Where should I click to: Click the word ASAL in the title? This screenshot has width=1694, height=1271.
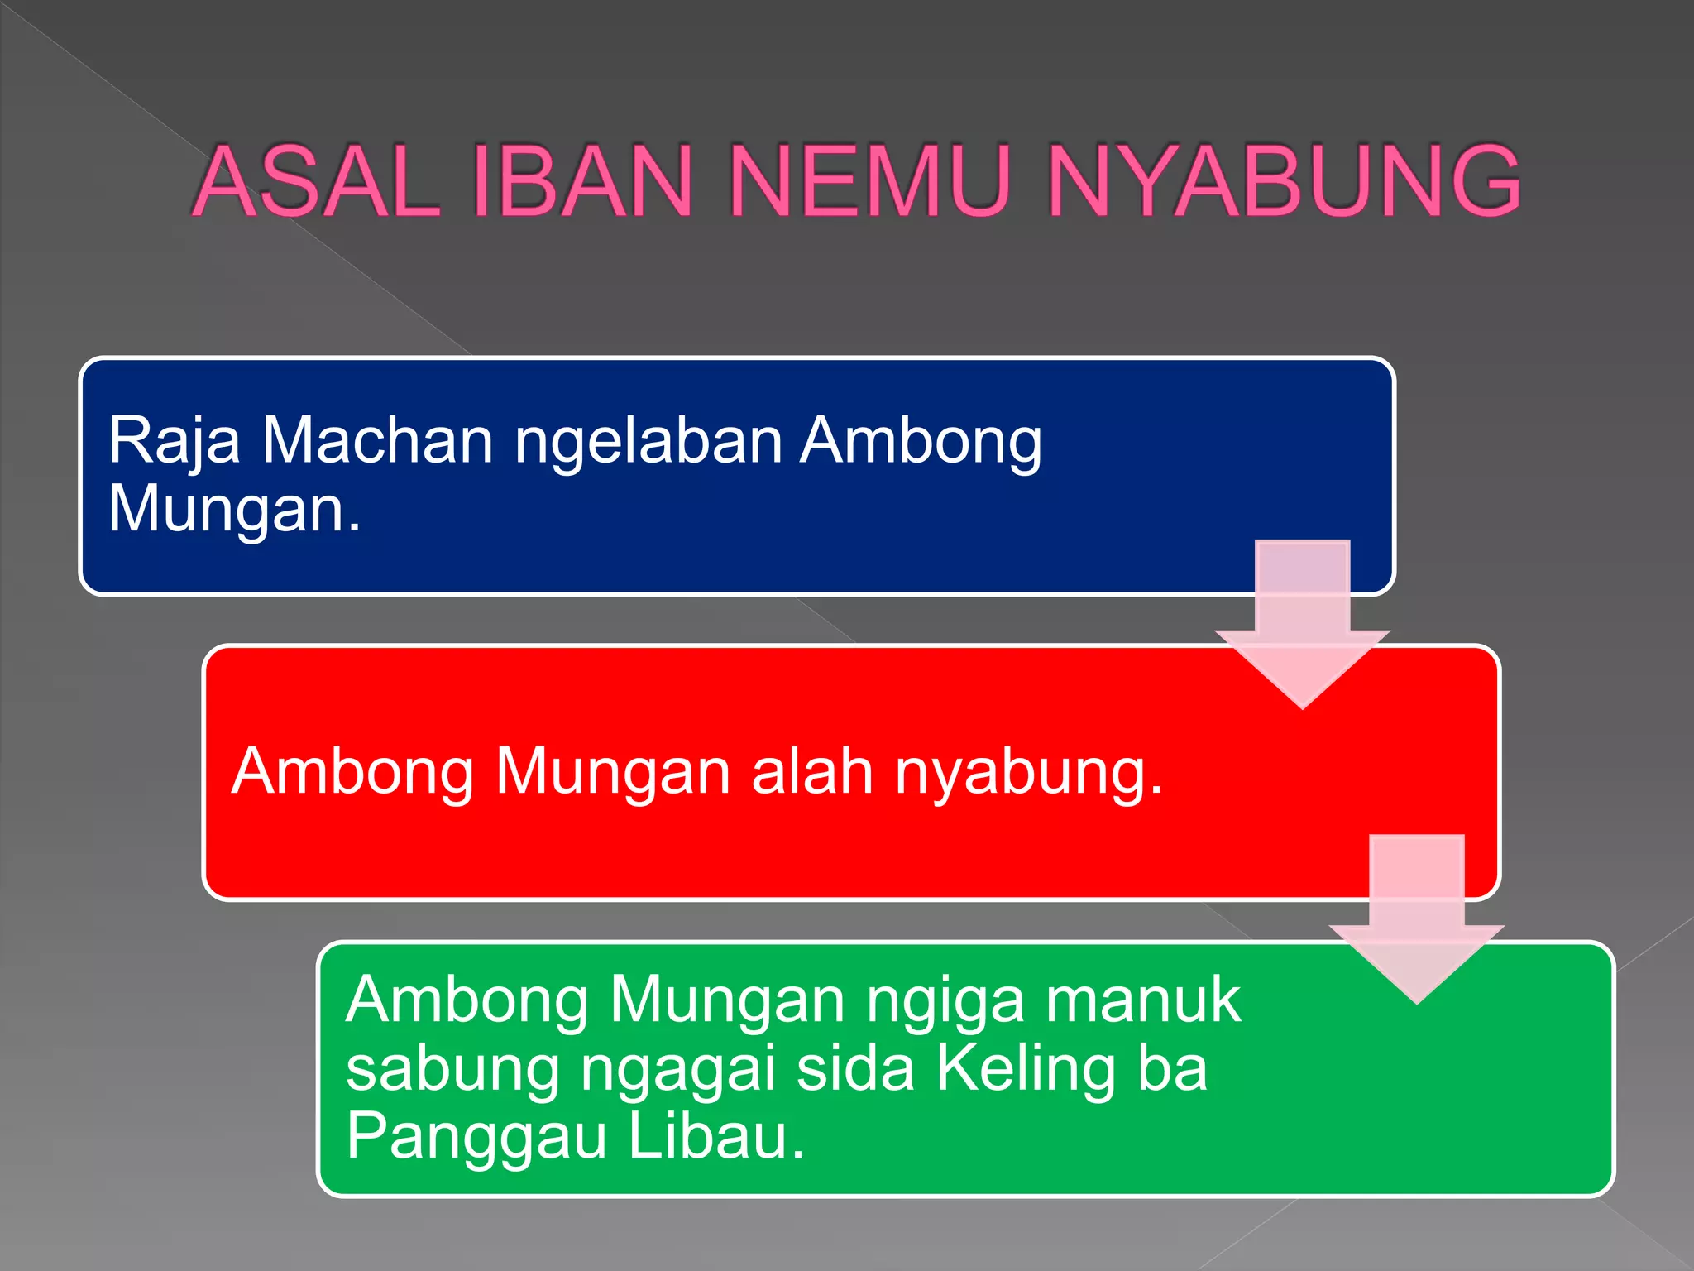(316, 181)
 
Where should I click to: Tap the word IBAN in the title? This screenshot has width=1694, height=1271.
(581, 181)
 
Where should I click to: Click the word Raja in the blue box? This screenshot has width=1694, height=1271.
(175, 440)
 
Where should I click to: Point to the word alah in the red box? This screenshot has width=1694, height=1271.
(812, 771)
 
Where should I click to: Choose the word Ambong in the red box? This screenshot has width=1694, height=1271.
(352, 771)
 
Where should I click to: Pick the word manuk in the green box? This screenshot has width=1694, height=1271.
(1143, 1000)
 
